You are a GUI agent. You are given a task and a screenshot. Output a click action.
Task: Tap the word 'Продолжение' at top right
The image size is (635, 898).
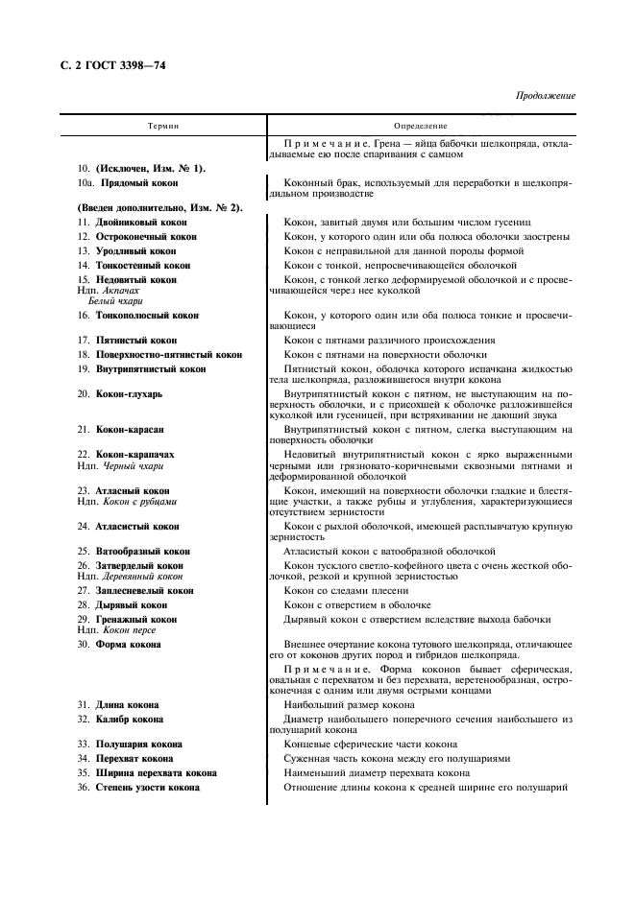pyautogui.click(x=546, y=96)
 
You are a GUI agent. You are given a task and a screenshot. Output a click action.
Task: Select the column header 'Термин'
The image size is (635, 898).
pyautogui.click(x=162, y=127)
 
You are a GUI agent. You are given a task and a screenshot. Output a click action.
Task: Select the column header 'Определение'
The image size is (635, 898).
pyautogui.click(x=421, y=127)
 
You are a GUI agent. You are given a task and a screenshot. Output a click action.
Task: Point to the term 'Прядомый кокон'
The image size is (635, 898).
pyautogui.click(x=136, y=182)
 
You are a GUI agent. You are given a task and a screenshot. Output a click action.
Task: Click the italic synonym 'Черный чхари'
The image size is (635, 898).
pyautogui.click(x=131, y=465)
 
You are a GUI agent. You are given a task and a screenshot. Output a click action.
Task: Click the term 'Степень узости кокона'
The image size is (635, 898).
pyautogui.click(x=147, y=787)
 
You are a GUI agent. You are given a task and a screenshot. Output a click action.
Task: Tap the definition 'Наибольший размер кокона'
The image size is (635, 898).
pyautogui.click(x=349, y=704)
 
